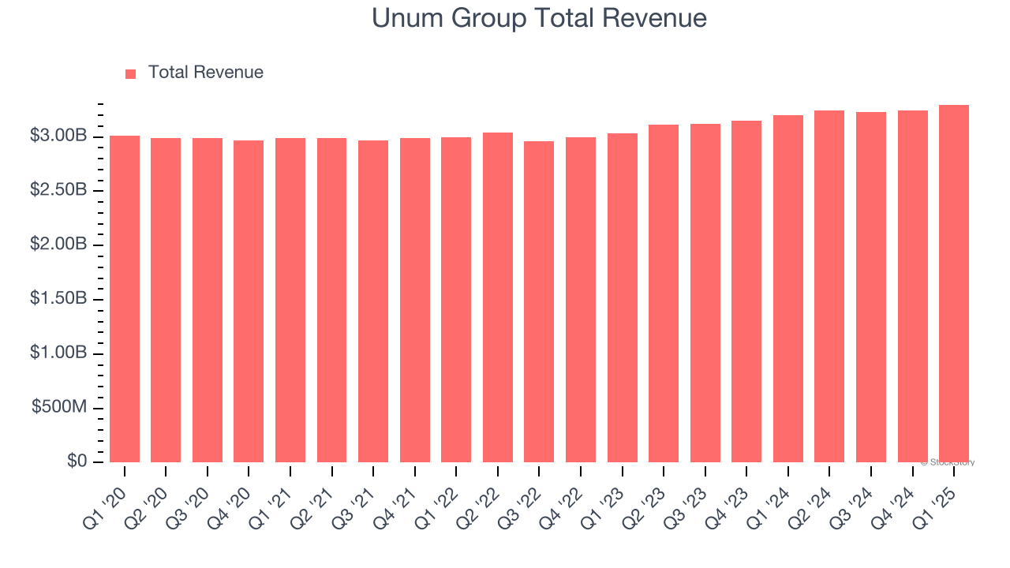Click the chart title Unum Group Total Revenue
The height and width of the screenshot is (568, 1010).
tap(539, 17)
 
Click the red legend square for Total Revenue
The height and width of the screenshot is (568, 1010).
tap(131, 73)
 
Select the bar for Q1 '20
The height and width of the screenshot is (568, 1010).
tap(125, 300)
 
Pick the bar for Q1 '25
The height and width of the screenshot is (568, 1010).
tap(954, 284)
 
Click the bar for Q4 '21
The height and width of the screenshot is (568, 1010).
tap(414, 301)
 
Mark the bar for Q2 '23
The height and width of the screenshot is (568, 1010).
tap(664, 293)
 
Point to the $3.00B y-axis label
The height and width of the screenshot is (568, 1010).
tap(58, 136)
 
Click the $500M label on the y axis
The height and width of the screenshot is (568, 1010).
tap(60, 407)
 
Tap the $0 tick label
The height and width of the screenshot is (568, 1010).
tap(77, 461)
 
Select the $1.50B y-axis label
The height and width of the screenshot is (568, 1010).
tap(58, 299)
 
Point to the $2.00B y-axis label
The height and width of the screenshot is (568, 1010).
tap(58, 245)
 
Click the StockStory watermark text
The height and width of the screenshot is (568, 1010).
tap(948, 462)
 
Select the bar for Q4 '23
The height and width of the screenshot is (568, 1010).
tap(746, 292)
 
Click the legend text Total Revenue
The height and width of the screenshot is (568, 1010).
tap(205, 73)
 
